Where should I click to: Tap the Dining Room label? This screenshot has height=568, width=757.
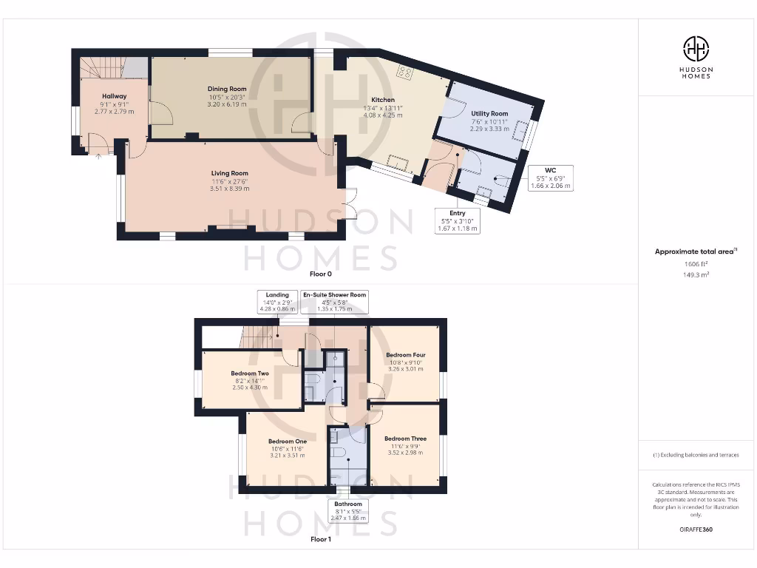point(227,89)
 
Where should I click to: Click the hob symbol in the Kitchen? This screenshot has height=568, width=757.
point(405,72)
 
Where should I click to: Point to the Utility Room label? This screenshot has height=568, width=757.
point(489,114)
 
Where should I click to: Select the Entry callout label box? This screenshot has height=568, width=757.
point(458,221)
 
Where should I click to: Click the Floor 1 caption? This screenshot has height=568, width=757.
point(320,540)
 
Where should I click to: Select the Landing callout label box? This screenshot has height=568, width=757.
point(278,300)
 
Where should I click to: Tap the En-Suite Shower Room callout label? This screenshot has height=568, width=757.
point(334,300)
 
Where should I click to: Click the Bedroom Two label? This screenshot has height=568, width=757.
point(249,373)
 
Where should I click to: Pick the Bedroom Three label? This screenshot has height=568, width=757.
point(405,439)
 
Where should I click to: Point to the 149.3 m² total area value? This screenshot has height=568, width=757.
point(695,274)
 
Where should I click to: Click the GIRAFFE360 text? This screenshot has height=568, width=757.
point(696,530)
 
